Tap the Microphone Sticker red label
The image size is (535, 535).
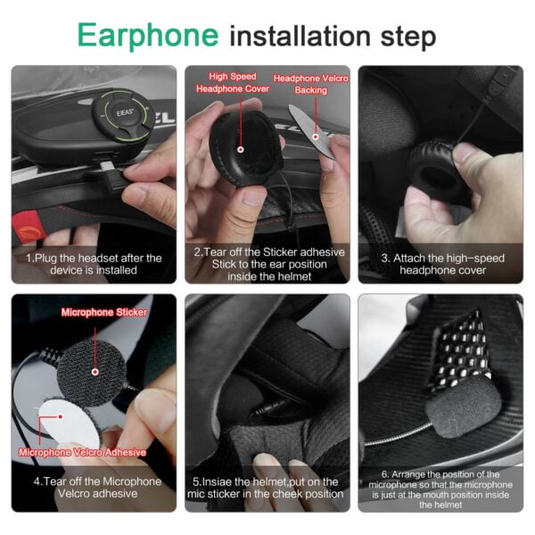(x=103, y=312)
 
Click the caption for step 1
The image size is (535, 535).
(x=93, y=263)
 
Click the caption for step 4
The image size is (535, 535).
(x=93, y=488)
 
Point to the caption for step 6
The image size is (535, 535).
(x=440, y=489)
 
